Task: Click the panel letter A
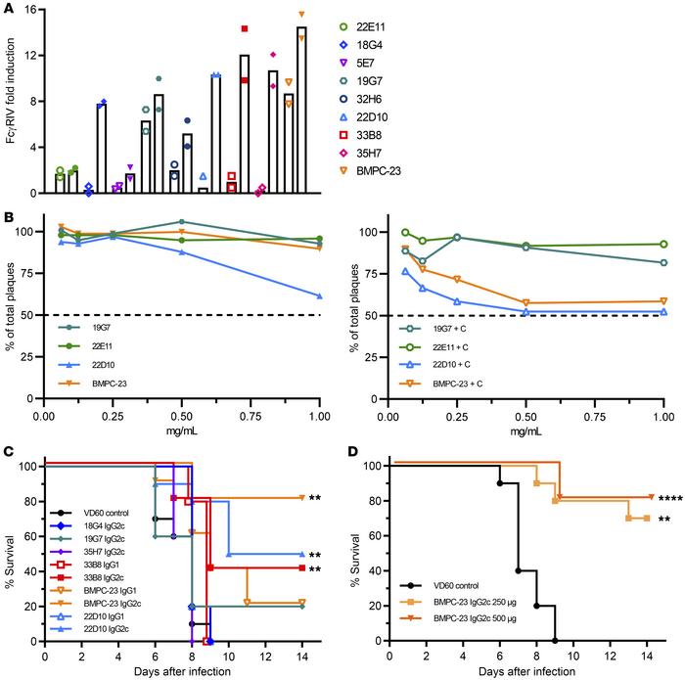pos(9,9)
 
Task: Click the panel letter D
pos(354,453)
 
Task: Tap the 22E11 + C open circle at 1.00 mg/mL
pos(663,244)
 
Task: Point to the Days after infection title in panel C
pos(182,672)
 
